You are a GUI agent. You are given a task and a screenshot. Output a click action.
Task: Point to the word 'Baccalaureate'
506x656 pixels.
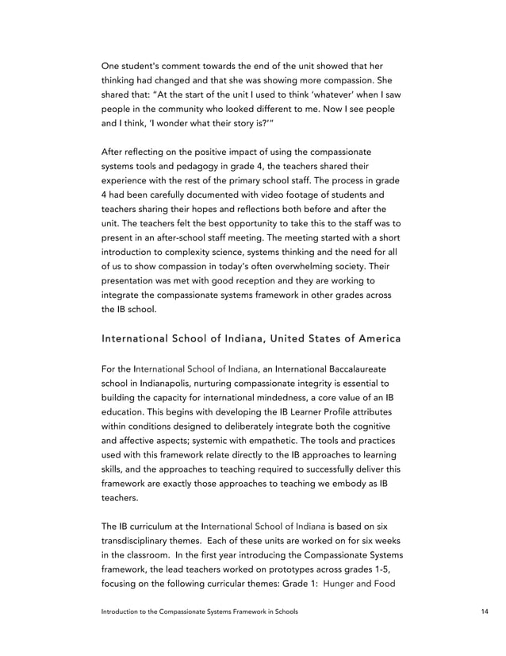[x=351, y=369]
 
